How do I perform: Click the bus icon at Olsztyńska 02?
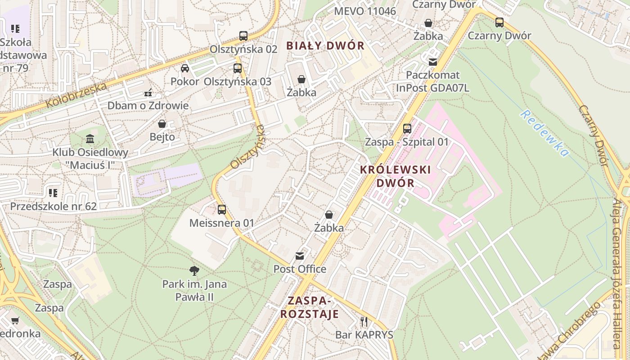coord(243,36)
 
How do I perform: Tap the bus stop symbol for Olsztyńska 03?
coord(238,68)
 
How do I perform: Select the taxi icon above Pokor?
coord(185,68)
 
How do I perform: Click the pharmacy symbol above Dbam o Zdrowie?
coord(148,93)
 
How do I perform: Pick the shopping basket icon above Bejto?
coord(162,123)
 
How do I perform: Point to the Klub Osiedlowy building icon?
coord(90,139)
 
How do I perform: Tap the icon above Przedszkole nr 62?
coord(53,193)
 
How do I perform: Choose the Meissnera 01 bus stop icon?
coord(222,209)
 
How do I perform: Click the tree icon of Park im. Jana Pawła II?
coord(194,270)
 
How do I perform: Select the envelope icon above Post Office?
coord(299,256)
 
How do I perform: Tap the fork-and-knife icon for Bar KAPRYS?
coord(364,321)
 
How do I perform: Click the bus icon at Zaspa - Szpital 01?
coord(407,128)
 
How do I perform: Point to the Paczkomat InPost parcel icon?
coord(433,62)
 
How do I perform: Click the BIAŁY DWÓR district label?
coord(325,45)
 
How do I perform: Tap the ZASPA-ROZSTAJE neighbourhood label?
coord(310,307)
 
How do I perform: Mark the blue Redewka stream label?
coord(544,133)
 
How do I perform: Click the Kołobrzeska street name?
coord(76,95)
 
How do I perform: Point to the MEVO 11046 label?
coord(365,11)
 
